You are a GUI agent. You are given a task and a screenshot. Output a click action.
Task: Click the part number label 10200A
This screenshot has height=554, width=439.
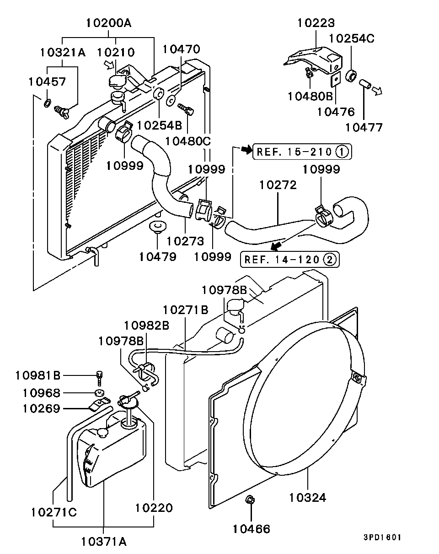108,22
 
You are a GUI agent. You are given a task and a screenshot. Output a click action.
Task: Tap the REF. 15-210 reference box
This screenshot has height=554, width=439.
302,151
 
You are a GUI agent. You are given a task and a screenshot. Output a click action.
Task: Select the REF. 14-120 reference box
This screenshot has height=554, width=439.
290,260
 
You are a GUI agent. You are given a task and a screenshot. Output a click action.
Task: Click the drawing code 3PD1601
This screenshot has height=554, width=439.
382,538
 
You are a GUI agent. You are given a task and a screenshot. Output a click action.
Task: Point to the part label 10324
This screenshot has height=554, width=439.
308,497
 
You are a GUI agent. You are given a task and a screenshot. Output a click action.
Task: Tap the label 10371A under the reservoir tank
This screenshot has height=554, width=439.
104,542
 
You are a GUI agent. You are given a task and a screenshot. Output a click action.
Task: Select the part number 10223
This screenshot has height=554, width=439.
316,22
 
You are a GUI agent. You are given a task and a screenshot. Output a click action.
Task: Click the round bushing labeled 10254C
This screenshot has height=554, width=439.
352,76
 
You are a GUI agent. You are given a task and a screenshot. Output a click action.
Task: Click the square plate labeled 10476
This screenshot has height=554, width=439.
336,80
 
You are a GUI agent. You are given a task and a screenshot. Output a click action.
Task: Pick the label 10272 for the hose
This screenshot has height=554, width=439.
278,185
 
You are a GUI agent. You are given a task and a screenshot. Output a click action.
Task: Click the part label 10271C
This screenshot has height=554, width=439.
54,511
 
